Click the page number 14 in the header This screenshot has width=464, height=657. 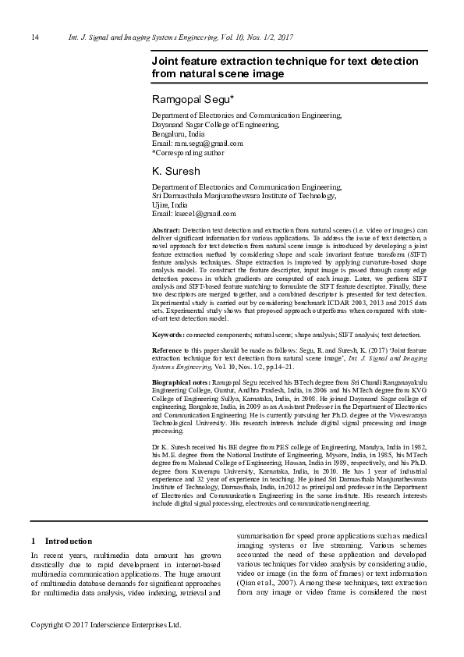[34, 37]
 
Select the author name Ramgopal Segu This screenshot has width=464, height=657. [187, 99]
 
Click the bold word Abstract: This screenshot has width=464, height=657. [165, 232]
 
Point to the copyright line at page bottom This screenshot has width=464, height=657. [105, 625]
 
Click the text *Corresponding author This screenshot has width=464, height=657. [189, 153]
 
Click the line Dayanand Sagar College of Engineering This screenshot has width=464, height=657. [214, 125]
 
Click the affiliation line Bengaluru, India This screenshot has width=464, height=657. [178, 134]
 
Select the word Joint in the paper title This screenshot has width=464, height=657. [166, 61]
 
